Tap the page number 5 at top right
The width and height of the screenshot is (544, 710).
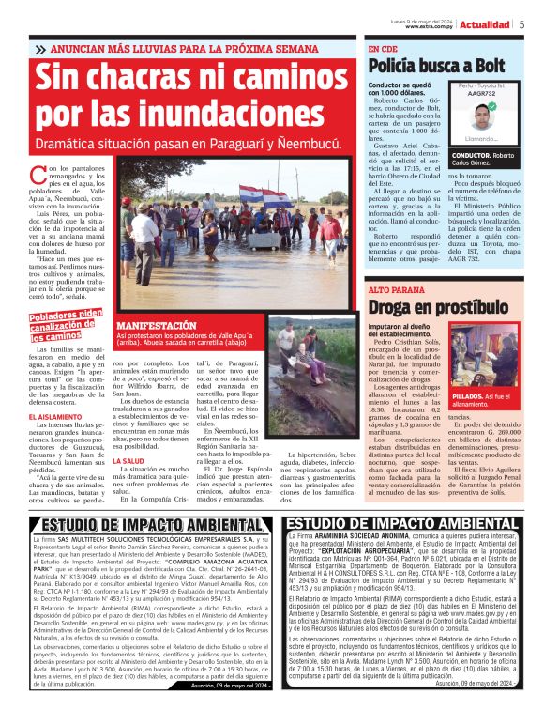(x=521, y=24)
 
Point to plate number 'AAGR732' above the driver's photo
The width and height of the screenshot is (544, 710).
(x=482, y=94)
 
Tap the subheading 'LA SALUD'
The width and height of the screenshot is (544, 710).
(x=128, y=462)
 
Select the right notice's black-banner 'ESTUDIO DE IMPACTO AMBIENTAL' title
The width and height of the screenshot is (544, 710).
(x=401, y=524)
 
